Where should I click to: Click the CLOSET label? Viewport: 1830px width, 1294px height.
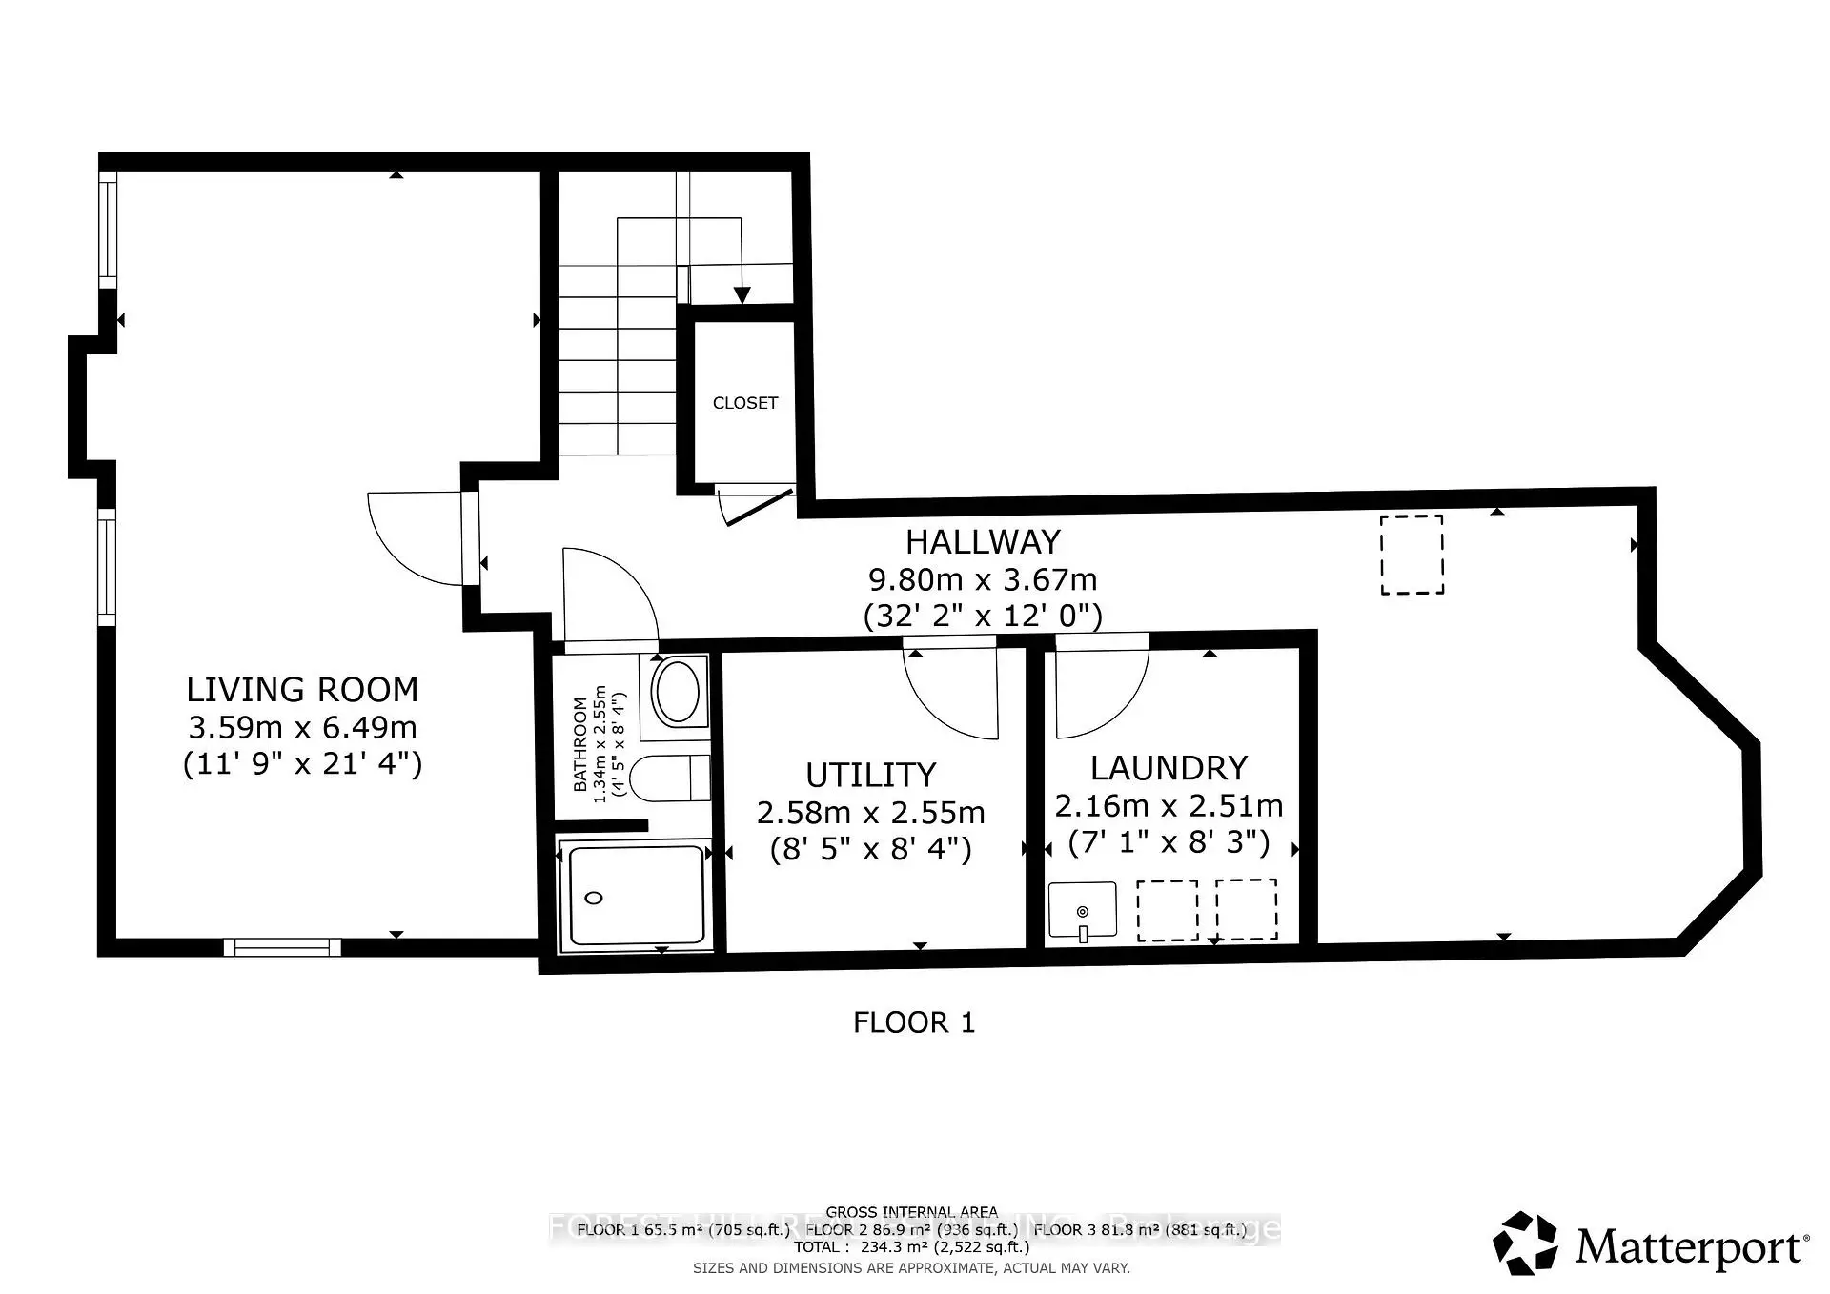point(744,403)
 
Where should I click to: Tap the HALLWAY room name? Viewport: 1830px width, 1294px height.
point(982,542)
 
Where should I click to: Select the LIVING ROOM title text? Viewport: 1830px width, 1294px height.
point(301,690)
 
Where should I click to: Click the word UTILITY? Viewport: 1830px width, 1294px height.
point(870,775)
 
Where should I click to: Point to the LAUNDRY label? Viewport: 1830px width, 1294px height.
point(1169,768)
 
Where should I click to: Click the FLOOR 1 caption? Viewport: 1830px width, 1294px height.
point(913,1022)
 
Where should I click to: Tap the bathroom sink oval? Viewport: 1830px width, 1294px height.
point(678,692)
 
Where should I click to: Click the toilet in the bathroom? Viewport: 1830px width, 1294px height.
point(671,778)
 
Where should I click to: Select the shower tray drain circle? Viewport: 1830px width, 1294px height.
point(594,898)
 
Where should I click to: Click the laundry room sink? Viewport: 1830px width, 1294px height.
point(1082,911)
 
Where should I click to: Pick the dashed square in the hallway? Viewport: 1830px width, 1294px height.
point(1412,555)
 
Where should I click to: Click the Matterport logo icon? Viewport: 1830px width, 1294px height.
point(1525,1243)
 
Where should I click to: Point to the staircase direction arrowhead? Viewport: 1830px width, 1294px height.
point(742,295)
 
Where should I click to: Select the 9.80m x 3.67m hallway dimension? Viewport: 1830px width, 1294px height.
point(982,579)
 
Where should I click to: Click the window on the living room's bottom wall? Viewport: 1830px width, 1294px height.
point(282,947)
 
